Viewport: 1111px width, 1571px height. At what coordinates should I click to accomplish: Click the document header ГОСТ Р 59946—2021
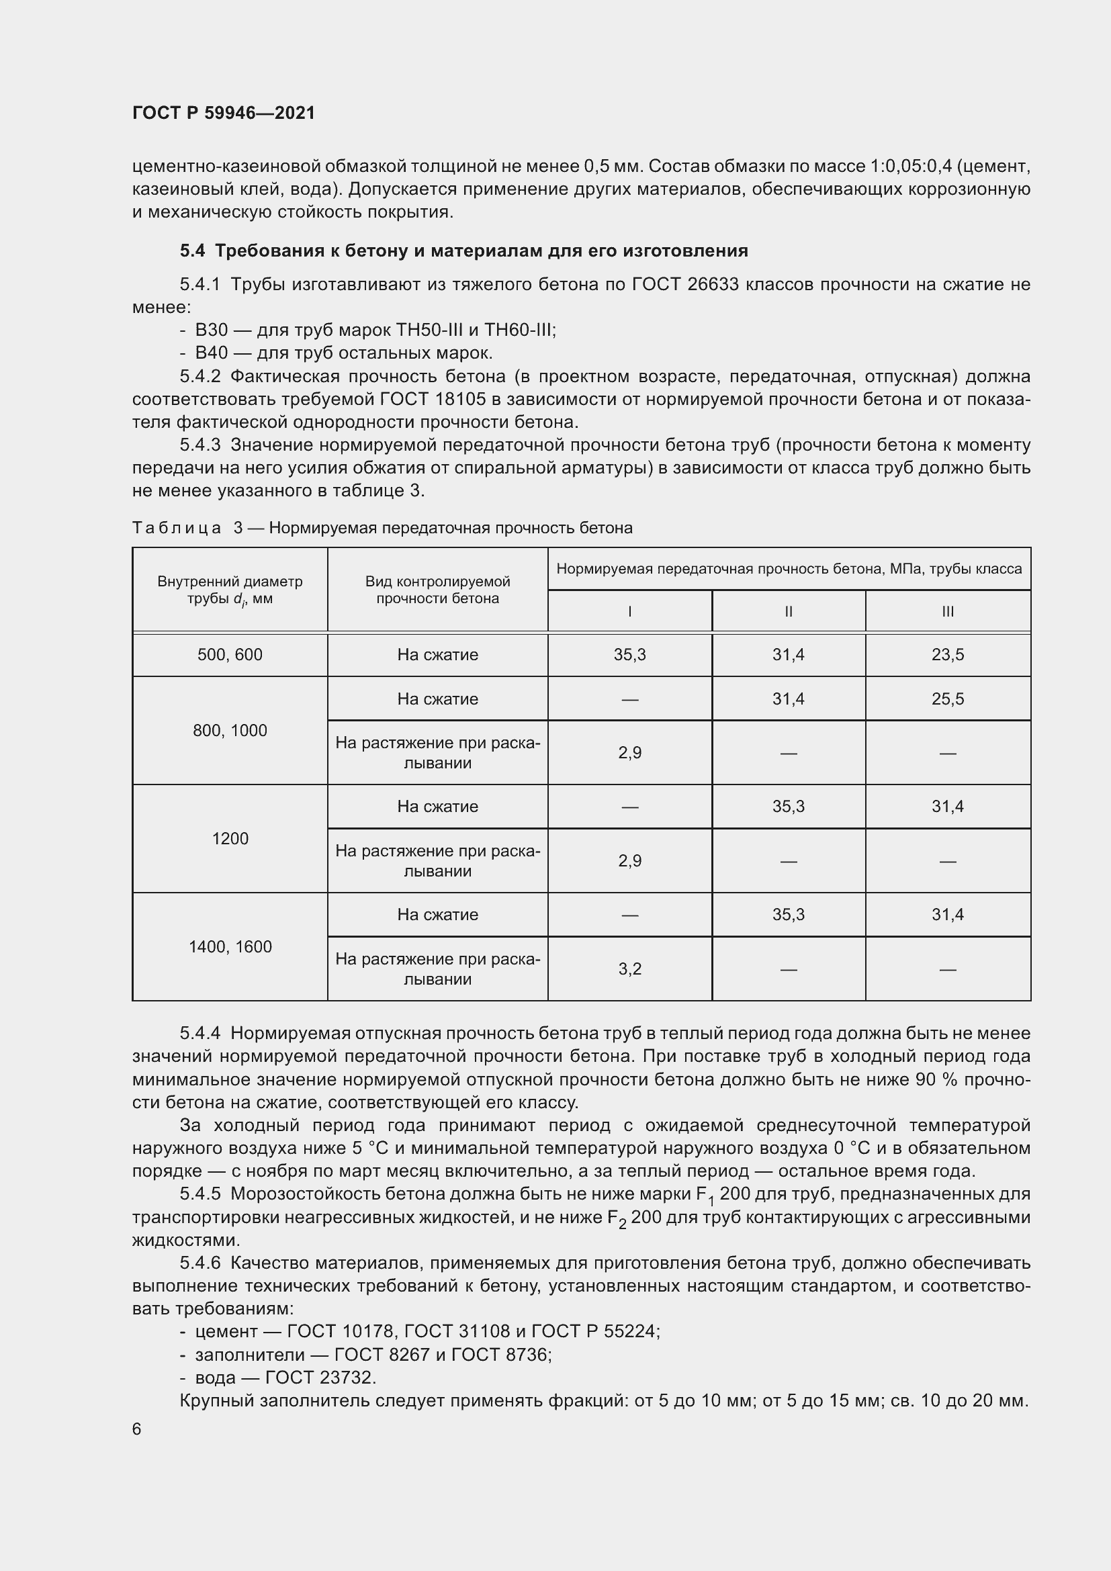(224, 113)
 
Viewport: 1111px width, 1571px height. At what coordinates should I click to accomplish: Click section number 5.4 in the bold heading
(192, 251)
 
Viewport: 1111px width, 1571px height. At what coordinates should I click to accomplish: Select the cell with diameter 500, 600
(230, 655)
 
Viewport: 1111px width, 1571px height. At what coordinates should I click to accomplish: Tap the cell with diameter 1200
(230, 838)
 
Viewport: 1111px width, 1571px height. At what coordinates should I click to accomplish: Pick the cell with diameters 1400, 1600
(230, 946)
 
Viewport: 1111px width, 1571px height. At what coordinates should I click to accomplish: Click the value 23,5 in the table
(948, 655)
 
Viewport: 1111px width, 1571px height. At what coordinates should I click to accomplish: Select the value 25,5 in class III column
(948, 699)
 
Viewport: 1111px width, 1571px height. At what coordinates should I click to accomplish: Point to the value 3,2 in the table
(629, 969)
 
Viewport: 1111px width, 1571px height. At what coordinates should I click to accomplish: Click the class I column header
(629, 611)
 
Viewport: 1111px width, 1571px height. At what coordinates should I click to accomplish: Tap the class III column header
(948, 611)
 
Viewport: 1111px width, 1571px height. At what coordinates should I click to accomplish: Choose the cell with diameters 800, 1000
(230, 730)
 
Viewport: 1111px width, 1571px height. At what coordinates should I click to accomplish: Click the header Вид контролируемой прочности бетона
(437, 589)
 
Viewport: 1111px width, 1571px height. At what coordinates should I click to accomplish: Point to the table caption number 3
(238, 527)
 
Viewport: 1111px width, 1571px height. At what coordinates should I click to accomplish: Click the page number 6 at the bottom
(137, 1429)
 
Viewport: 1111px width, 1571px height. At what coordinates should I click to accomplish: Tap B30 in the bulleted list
(212, 330)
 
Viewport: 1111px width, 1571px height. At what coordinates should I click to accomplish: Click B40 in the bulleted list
(212, 353)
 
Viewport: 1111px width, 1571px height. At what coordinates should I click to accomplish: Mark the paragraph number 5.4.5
(199, 1194)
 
